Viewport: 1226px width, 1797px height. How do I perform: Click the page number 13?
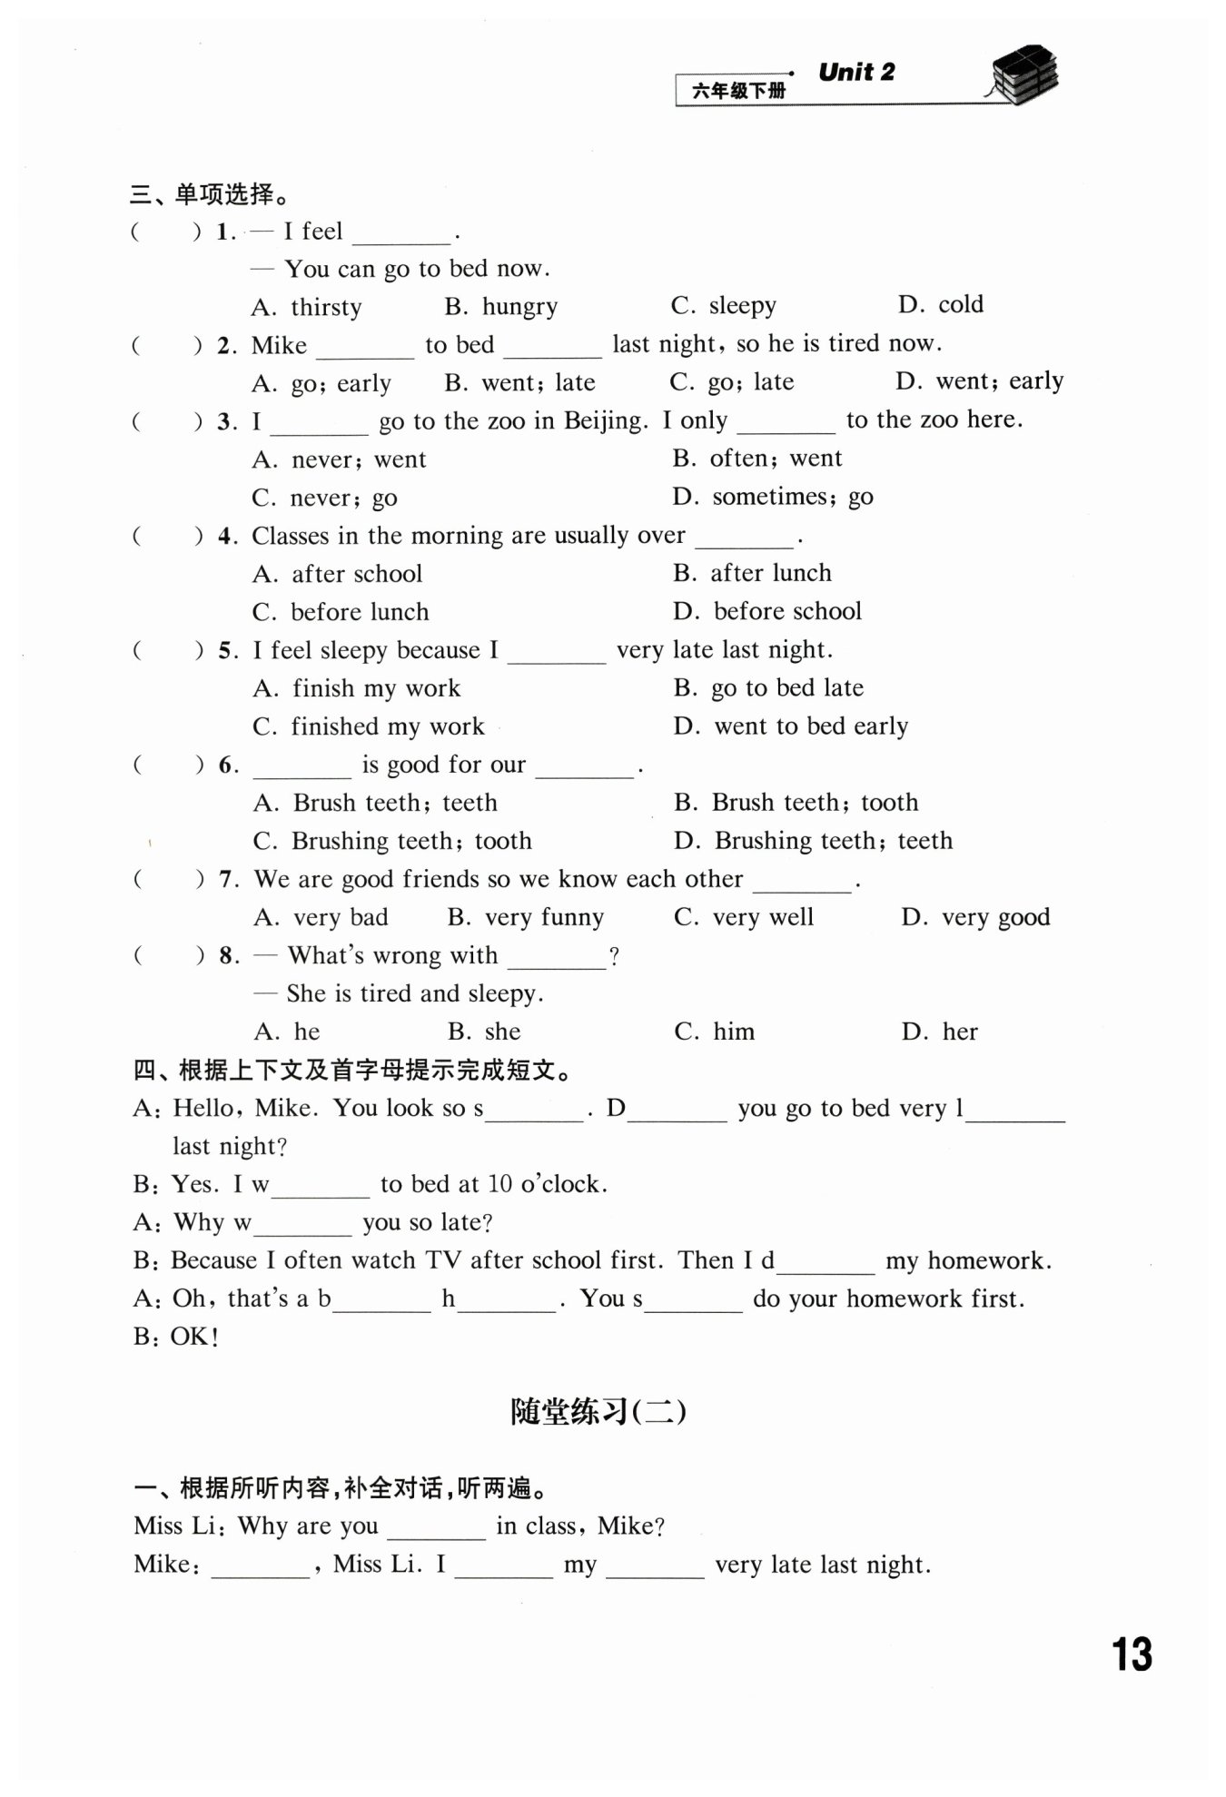coord(1132,1654)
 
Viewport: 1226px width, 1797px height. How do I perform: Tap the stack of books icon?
coord(1023,75)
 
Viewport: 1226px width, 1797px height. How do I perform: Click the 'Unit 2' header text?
coord(856,73)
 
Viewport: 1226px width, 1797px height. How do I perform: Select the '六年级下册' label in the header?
coord(738,91)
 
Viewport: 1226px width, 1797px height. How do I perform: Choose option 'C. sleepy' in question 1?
coord(723,306)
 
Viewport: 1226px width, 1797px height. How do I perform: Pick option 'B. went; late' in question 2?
coord(519,382)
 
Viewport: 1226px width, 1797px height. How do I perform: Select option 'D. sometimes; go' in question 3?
coord(773,497)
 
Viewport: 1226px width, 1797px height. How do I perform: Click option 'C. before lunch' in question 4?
coord(341,612)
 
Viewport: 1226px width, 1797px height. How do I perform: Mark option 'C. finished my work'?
coord(369,726)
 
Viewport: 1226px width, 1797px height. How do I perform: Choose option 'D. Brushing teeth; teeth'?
coord(813,841)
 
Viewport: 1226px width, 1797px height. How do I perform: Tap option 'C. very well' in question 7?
coord(744,917)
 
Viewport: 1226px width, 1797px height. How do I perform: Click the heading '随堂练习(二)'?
coord(598,1411)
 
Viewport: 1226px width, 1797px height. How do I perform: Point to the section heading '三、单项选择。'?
coord(210,193)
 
